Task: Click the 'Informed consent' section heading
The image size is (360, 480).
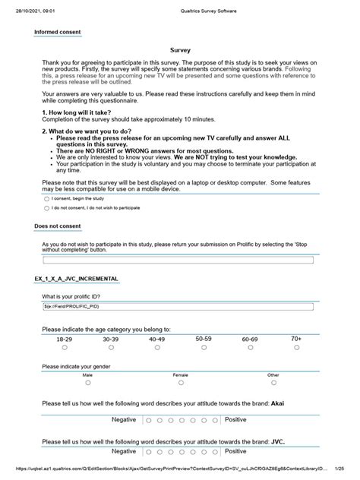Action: pos(58,33)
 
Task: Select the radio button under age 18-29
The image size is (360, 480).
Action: pos(65,347)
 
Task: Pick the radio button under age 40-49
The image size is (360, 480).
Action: pos(157,347)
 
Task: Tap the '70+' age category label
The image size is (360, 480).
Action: pos(295,339)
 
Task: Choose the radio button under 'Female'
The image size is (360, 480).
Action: pos(180,384)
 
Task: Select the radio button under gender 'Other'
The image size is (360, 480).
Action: pos(273,384)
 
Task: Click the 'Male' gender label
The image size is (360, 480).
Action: pos(87,375)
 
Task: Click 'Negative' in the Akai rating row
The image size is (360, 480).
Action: pos(124,419)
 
